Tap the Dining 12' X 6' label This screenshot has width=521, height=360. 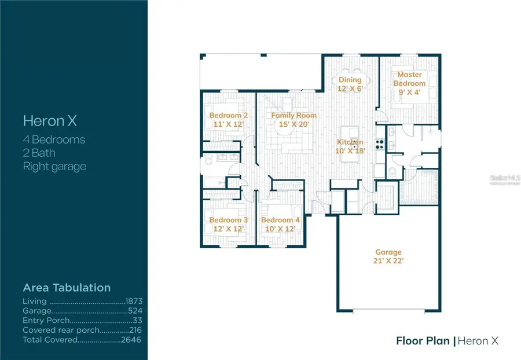[350, 84]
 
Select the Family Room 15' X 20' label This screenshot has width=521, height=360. [294, 119]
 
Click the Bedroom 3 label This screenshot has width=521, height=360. [228, 224]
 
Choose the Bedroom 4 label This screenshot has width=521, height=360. [280, 224]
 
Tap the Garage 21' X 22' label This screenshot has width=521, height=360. [388, 256]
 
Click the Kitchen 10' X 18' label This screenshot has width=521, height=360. [350, 146]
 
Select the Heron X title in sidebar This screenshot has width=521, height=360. [50, 121]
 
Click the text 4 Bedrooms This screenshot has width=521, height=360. [54, 139]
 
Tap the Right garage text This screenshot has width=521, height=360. [54, 167]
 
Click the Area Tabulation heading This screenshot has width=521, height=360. [67, 288]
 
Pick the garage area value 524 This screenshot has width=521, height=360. [135, 311]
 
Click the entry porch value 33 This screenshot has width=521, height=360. [138, 320]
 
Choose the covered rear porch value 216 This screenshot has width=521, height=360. [135, 330]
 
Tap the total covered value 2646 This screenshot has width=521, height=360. [133, 339]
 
